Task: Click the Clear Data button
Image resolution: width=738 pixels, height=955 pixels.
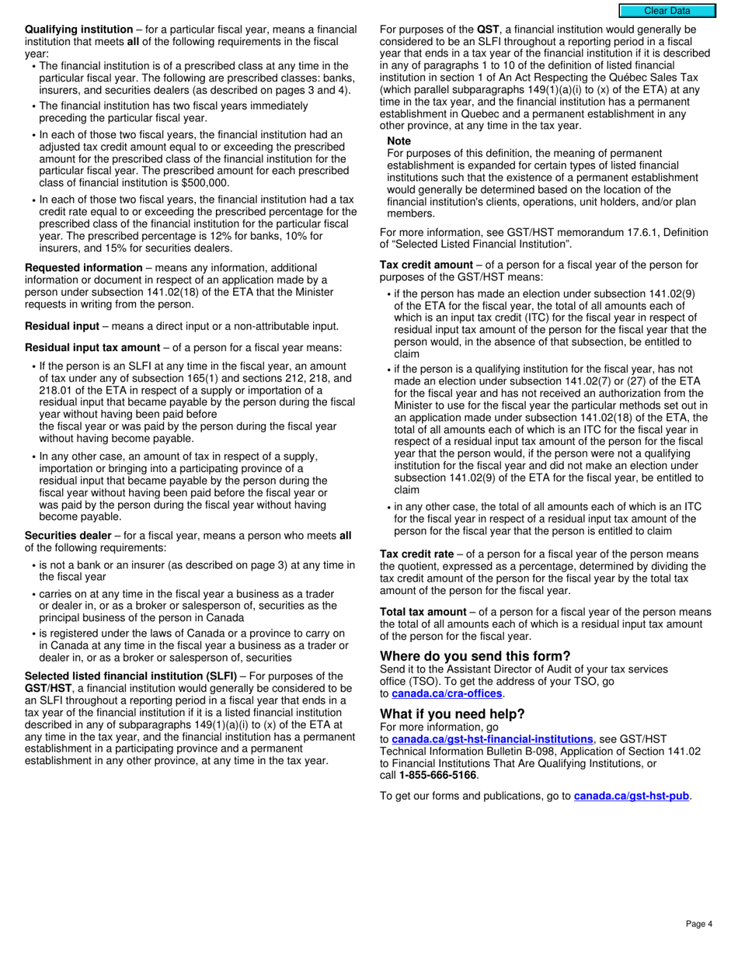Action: [667, 11]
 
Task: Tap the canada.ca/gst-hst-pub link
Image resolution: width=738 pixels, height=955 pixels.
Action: [632, 796]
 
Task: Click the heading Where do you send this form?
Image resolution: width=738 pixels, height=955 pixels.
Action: [475, 656]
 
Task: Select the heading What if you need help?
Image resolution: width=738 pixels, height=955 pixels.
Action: [452, 714]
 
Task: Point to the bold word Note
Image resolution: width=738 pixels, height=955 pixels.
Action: [399, 141]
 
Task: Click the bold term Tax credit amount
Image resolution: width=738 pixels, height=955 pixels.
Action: [426, 265]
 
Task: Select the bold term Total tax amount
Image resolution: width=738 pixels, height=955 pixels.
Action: [423, 613]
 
